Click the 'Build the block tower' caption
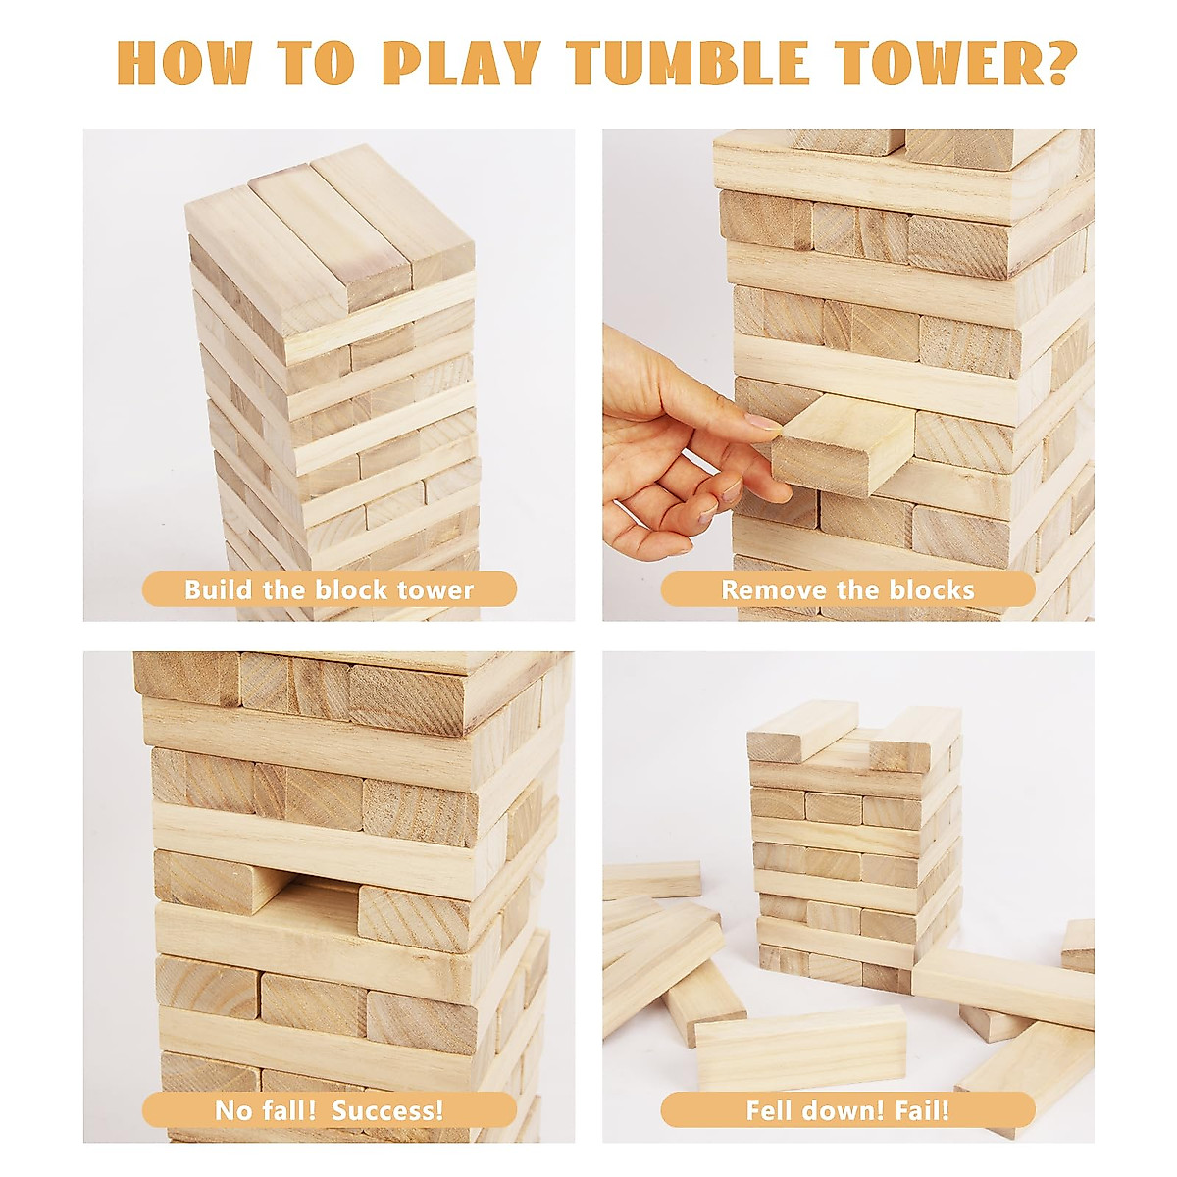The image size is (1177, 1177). point(329,589)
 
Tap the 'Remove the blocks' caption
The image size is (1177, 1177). point(847,589)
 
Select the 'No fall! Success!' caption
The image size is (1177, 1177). point(329,1110)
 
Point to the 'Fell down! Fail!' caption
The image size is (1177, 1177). point(847,1110)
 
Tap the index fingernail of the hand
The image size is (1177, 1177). point(763,424)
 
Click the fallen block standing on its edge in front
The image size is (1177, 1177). point(799,1048)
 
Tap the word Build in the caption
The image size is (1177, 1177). point(219,589)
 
